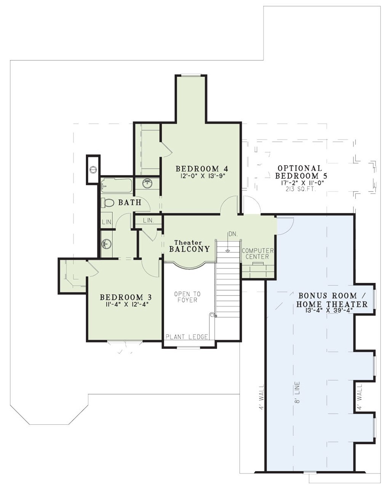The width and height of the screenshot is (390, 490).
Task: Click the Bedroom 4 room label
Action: click(x=202, y=169)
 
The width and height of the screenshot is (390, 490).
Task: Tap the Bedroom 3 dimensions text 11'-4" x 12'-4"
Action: click(x=126, y=304)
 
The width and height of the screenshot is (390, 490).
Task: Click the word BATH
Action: click(x=130, y=202)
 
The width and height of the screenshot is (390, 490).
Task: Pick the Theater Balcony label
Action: click(x=189, y=247)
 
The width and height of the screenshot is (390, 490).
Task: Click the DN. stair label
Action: click(x=233, y=234)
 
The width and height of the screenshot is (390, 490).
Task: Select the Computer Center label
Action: click(x=257, y=254)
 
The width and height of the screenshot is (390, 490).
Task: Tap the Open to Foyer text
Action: click(x=188, y=297)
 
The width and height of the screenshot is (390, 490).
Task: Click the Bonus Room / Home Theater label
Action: click(x=332, y=300)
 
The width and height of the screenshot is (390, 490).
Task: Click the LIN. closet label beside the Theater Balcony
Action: click(x=149, y=220)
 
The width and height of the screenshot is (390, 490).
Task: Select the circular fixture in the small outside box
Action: click(x=93, y=170)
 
